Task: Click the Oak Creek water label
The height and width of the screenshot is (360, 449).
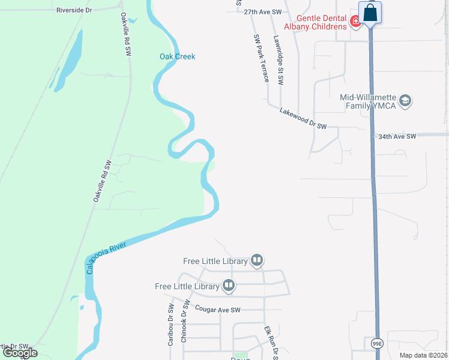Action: click(x=177, y=57)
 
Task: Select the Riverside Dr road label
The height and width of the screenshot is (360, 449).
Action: click(x=74, y=10)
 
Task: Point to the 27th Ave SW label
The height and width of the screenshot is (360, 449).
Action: click(x=263, y=12)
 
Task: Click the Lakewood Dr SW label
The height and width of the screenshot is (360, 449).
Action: click(x=303, y=119)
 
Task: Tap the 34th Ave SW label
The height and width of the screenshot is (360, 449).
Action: click(x=397, y=137)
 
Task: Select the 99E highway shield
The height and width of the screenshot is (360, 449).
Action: click(x=376, y=343)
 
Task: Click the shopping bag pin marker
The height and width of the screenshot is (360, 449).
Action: click(x=370, y=13)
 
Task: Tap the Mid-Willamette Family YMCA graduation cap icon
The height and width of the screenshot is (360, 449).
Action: click(x=405, y=100)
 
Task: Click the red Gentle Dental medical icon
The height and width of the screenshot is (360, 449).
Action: click(x=356, y=22)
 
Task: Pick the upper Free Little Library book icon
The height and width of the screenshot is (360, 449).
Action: click(x=257, y=260)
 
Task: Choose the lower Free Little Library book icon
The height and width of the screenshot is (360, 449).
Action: click(x=228, y=286)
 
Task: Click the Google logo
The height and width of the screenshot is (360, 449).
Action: click(x=20, y=353)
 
